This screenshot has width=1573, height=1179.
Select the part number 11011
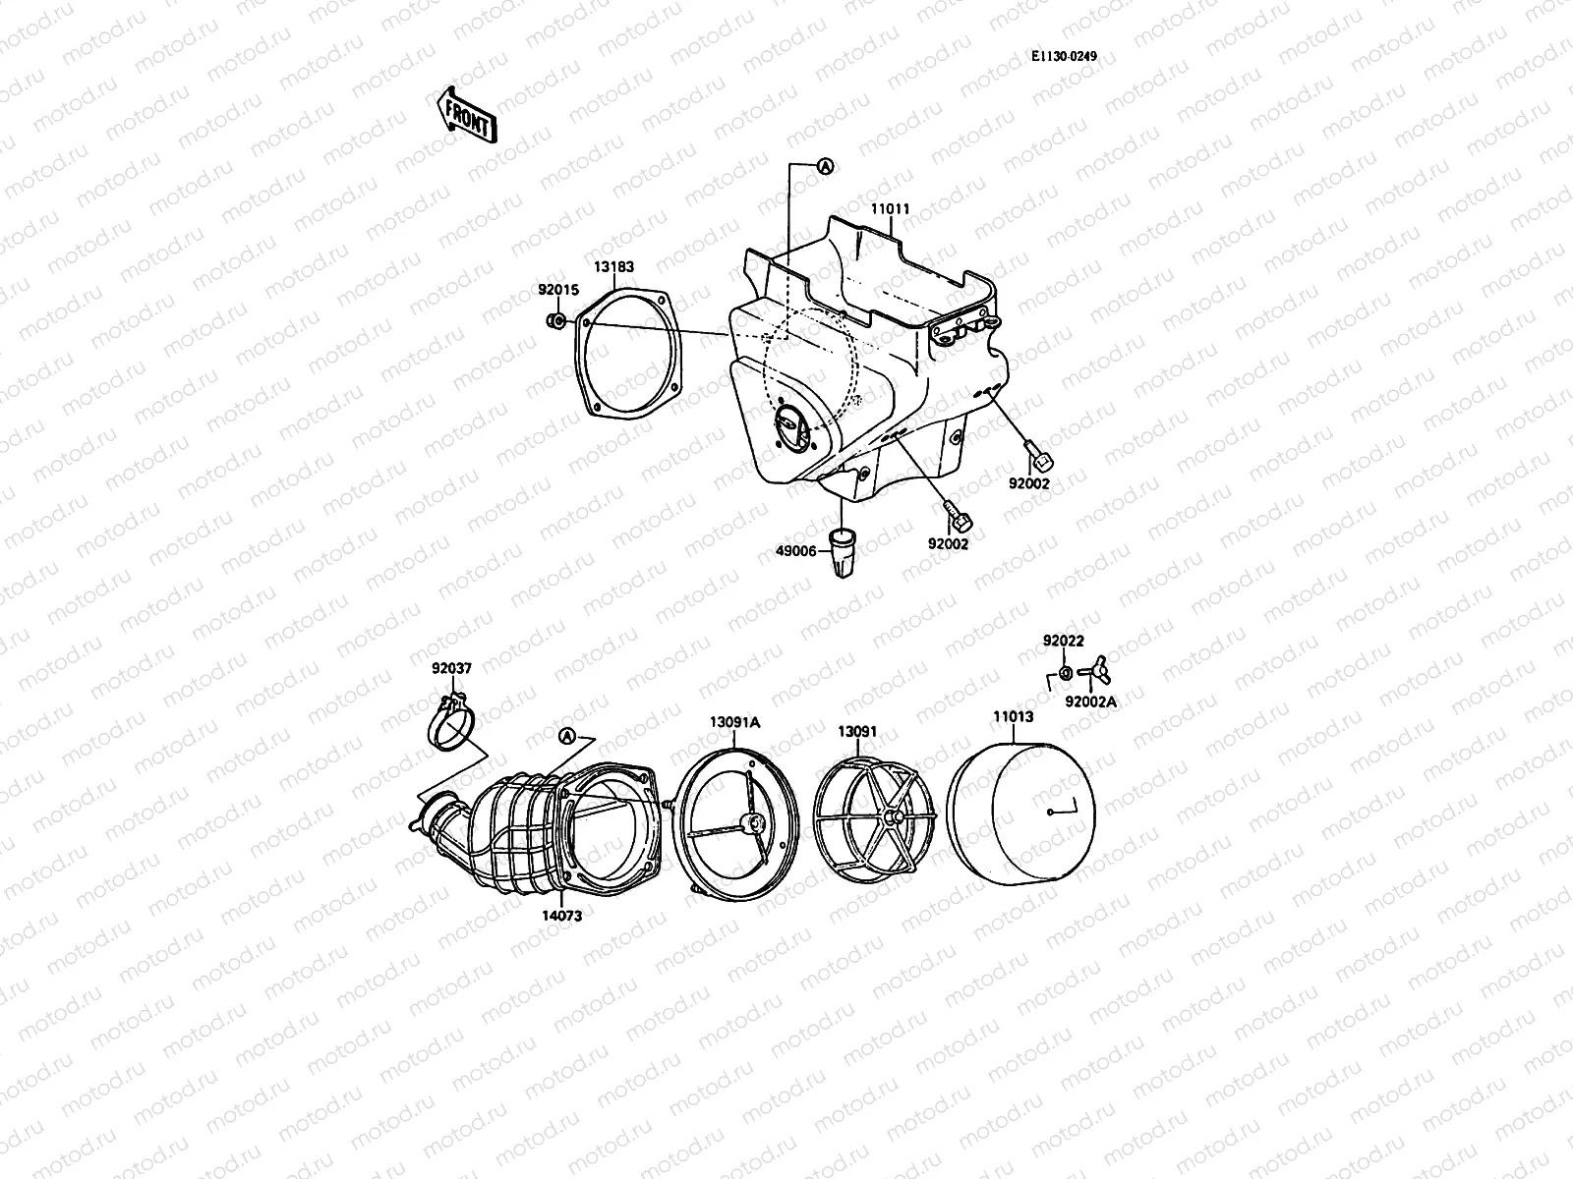coord(890,209)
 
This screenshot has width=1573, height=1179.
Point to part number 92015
coord(558,290)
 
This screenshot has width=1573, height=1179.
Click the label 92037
coord(451,668)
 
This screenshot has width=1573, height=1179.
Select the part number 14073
coord(561,916)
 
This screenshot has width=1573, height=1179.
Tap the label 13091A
coord(735,721)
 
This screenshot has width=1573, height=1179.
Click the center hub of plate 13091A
coord(755,821)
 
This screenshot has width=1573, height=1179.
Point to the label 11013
coord(1013,716)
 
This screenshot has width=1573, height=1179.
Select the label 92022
coord(1064,641)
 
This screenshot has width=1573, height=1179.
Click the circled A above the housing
coord(825,167)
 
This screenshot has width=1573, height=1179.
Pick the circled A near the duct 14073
coord(566,736)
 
